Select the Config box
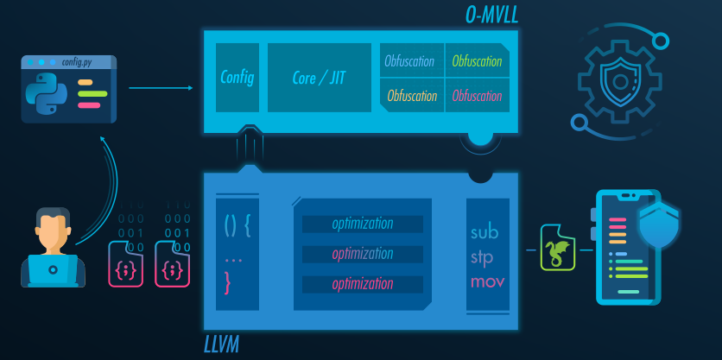point(237,78)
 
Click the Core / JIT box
point(320,78)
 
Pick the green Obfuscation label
point(477,61)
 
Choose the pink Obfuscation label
point(477,95)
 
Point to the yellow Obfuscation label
point(412,95)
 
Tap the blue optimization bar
point(363,224)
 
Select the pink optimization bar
point(363,284)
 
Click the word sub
point(484,233)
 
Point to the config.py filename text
point(76,62)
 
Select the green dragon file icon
point(557,249)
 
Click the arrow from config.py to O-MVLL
point(161,88)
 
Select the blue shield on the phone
point(659,224)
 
